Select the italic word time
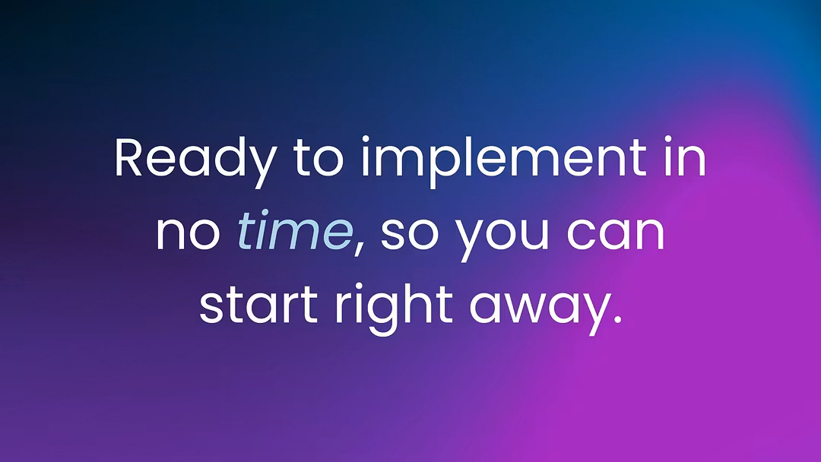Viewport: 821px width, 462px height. click(x=295, y=230)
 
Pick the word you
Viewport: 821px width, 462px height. click(x=502, y=238)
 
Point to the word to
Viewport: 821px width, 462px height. click(x=318, y=159)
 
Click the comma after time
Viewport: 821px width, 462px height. click(x=359, y=248)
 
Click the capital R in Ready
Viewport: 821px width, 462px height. click(x=128, y=157)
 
